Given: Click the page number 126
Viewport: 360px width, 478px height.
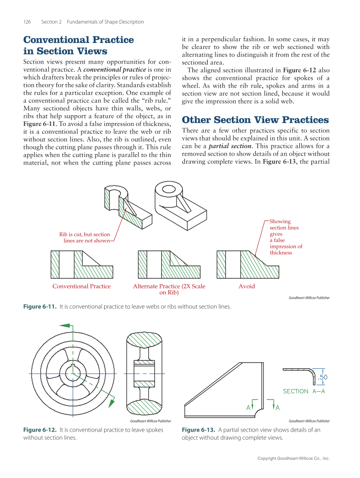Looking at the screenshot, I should (x=27, y=22).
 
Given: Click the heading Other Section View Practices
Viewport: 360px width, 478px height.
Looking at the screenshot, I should (x=255, y=119).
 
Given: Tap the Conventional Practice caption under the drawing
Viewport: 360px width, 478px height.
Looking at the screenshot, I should (x=81, y=286).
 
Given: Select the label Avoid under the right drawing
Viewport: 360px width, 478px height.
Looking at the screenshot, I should (x=246, y=286).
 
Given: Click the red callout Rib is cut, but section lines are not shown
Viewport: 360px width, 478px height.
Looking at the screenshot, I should (x=85, y=237).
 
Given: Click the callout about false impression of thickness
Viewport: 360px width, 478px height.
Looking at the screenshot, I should (x=286, y=237).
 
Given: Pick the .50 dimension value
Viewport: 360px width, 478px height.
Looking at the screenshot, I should (x=323, y=377).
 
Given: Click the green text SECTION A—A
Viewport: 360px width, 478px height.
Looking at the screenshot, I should (x=304, y=391).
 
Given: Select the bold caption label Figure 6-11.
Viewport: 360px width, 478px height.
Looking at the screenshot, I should (x=40, y=306).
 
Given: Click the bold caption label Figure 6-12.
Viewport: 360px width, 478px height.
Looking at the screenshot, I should (x=40, y=430).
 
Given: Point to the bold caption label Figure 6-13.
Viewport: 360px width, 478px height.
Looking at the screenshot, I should (x=199, y=430).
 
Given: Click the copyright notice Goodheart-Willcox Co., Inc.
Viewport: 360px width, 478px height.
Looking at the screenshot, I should (x=293, y=459).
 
